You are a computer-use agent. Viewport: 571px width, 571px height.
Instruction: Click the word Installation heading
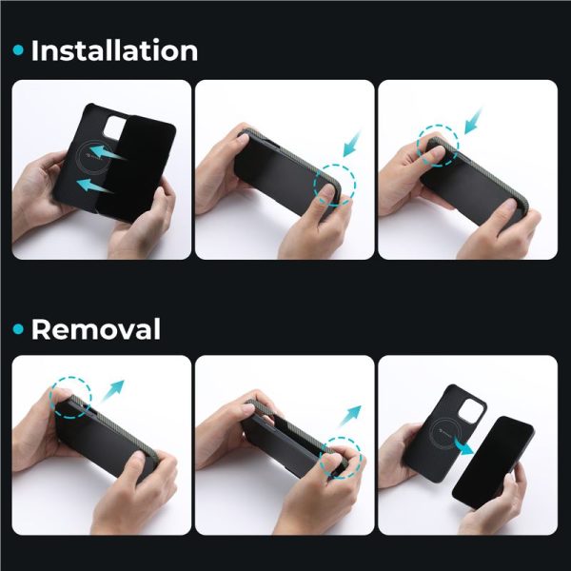click(115, 50)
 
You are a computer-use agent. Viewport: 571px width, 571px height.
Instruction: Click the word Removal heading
click(96, 329)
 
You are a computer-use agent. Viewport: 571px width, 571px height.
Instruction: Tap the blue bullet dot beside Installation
click(18, 50)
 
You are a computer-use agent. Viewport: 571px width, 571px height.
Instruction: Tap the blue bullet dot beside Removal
click(18, 329)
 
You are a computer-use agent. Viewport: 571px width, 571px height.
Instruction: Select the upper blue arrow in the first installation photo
click(108, 152)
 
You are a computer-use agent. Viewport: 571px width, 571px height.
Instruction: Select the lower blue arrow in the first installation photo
click(95, 186)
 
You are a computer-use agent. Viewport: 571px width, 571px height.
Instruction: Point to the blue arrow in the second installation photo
click(352, 145)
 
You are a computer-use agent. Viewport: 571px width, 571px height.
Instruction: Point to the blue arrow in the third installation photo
click(474, 121)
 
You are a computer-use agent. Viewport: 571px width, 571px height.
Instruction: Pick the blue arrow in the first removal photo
click(113, 390)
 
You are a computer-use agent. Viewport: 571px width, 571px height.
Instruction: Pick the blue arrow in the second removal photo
click(349, 416)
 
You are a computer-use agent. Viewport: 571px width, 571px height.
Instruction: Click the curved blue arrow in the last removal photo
click(463, 446)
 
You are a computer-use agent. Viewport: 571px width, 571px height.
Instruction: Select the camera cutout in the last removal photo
click(470, 410)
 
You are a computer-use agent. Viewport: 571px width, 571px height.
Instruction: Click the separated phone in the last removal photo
click(493, 463)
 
